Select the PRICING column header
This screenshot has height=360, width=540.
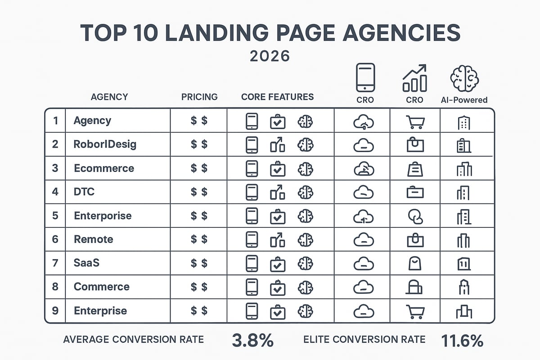(x=199, y=97)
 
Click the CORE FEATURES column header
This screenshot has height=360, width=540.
(x=277, y=97)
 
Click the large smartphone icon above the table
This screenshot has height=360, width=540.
(x=365, y=77)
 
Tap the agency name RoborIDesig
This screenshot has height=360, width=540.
(x=105, y=144)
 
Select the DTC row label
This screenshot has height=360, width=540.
(x=84, y=192)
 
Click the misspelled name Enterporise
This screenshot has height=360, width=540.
(x=103, y=216)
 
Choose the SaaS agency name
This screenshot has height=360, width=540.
(x=86, y=263)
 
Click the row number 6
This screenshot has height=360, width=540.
(x=55, y=239)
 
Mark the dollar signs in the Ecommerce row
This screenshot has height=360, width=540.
(x=199, y=168)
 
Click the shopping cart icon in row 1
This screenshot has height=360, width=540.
(x=415, y=121)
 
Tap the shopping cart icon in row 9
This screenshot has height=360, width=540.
(x=415, y=311)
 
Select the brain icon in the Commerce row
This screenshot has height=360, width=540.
(x=306, y=287)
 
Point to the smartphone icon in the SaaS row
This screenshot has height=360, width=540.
(x=252, y=263)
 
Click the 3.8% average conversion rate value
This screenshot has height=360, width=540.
(x=252, y=341)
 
